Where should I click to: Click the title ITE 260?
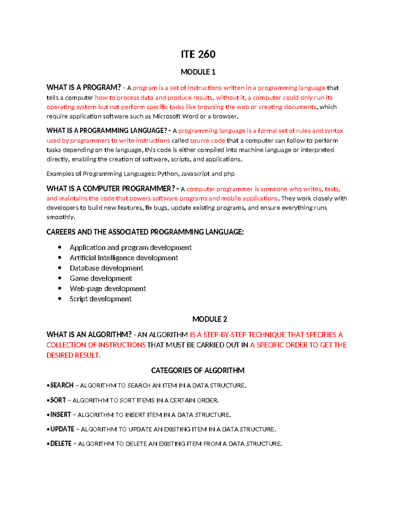(198, 54)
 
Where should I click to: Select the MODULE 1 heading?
(198, 72)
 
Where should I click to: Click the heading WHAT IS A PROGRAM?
(84, 88)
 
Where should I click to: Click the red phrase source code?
(208, 140)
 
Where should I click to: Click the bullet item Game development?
(101, 278)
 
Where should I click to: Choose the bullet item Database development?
(106, 268)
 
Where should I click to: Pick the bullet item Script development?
(100, 299)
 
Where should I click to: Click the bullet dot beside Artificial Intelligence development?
(60, 258)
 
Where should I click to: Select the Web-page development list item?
(108, 289)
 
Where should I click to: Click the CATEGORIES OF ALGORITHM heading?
(198, 370)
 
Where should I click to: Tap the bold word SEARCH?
(62, 385)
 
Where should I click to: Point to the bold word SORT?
(58, 400)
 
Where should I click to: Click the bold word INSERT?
(60, 415)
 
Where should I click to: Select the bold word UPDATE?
(62, 429)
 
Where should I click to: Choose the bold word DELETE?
(61, 444)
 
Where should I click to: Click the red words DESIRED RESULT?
(73, 355)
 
